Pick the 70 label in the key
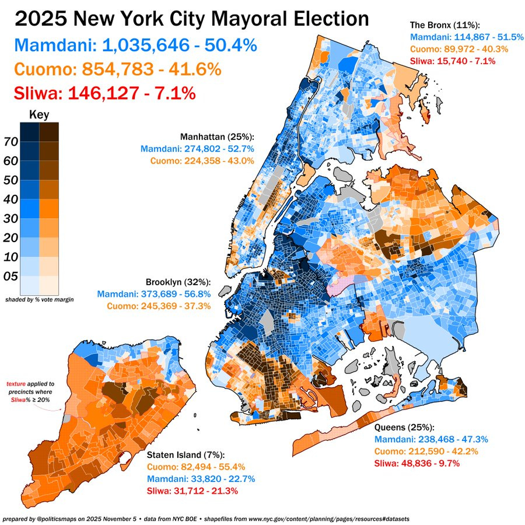[x=10, y=142]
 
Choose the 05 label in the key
[x=10, y=276]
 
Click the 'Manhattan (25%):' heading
[x=218, y=137]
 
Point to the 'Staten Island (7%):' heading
[x=185, y=454]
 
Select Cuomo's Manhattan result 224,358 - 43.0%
[x=202, y=161]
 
